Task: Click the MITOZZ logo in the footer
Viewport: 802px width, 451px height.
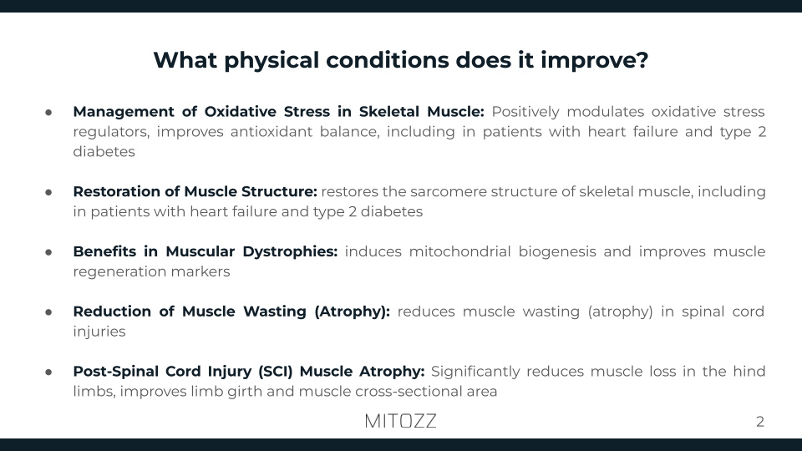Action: click(400, 421)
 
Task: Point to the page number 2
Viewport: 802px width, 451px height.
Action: click(759, 422)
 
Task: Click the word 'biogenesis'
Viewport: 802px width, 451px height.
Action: click(558, 252)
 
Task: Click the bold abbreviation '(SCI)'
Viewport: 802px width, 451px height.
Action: click(273, 372)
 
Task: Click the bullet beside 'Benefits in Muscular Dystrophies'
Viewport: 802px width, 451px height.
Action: click(49, 252)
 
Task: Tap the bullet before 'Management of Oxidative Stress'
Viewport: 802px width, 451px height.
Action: click(49, 112)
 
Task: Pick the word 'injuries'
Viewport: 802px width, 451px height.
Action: click(99, 332)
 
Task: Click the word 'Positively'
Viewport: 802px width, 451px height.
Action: click(525, 112)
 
